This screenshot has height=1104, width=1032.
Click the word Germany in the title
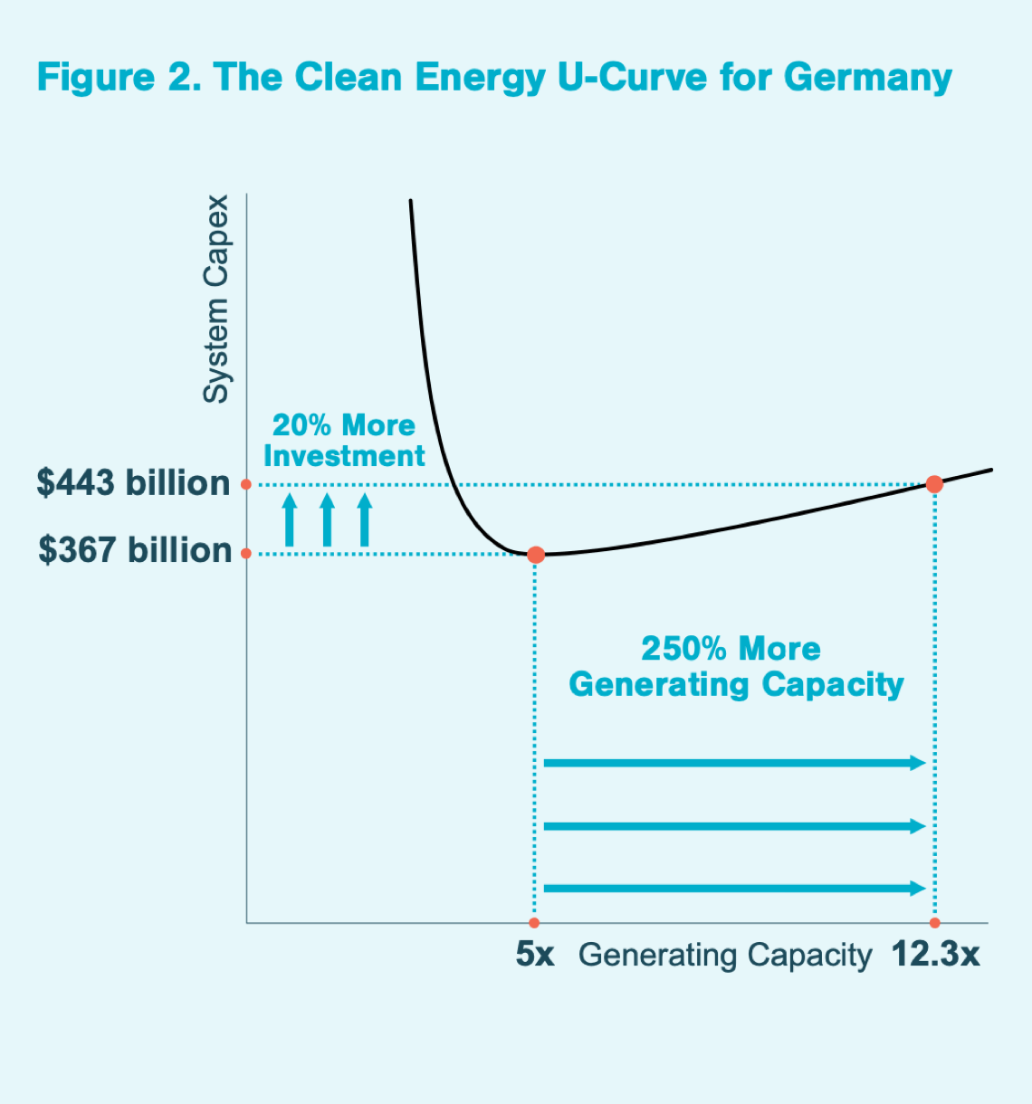pos(867,78)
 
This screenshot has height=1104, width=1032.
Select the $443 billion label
pos(133,483)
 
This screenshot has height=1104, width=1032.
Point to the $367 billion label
pos(135,550)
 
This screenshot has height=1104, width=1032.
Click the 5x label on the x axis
pos(535,955)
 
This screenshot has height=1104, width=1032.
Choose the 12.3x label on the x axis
pos(935,955)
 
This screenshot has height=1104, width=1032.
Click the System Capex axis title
pos(216,299)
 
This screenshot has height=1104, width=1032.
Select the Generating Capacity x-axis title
pos(725,956)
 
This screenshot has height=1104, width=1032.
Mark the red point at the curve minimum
pos(536,554)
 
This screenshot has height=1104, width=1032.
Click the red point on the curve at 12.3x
pos(935,484)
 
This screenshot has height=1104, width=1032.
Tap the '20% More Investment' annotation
pos(344,441)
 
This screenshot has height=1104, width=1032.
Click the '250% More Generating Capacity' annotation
pos(735,667)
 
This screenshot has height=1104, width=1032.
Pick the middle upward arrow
pos(327,519)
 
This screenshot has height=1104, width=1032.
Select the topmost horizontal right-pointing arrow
pos(734,763)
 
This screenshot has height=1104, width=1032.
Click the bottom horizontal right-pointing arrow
pos(734,889)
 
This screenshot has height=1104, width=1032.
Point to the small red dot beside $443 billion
pos(246,484)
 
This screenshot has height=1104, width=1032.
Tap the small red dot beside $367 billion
pos(246,553)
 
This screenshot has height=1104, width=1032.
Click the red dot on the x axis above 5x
pos(534,923)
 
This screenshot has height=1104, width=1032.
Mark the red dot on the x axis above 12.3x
pos(935,923)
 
